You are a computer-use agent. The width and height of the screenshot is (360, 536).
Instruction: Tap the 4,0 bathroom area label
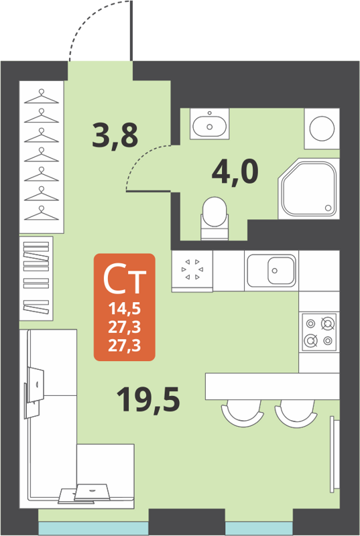[235, 172]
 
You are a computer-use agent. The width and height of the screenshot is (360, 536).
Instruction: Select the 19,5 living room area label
[148, 400]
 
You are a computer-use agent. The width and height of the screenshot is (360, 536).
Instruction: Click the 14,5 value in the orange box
[125, 310]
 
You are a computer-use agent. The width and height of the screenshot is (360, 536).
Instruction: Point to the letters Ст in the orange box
[125, 279]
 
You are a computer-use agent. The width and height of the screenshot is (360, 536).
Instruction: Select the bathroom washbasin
[209, 125]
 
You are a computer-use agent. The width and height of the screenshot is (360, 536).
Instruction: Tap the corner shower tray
[308, 189]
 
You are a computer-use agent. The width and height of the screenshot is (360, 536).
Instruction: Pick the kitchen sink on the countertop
[272, 271]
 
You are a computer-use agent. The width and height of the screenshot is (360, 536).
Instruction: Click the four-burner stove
[319, 332]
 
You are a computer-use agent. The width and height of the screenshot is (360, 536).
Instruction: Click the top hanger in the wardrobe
[43, 94]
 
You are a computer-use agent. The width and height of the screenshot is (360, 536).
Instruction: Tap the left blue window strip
[93, 529]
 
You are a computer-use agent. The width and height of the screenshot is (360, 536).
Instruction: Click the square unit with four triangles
[192, 271]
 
